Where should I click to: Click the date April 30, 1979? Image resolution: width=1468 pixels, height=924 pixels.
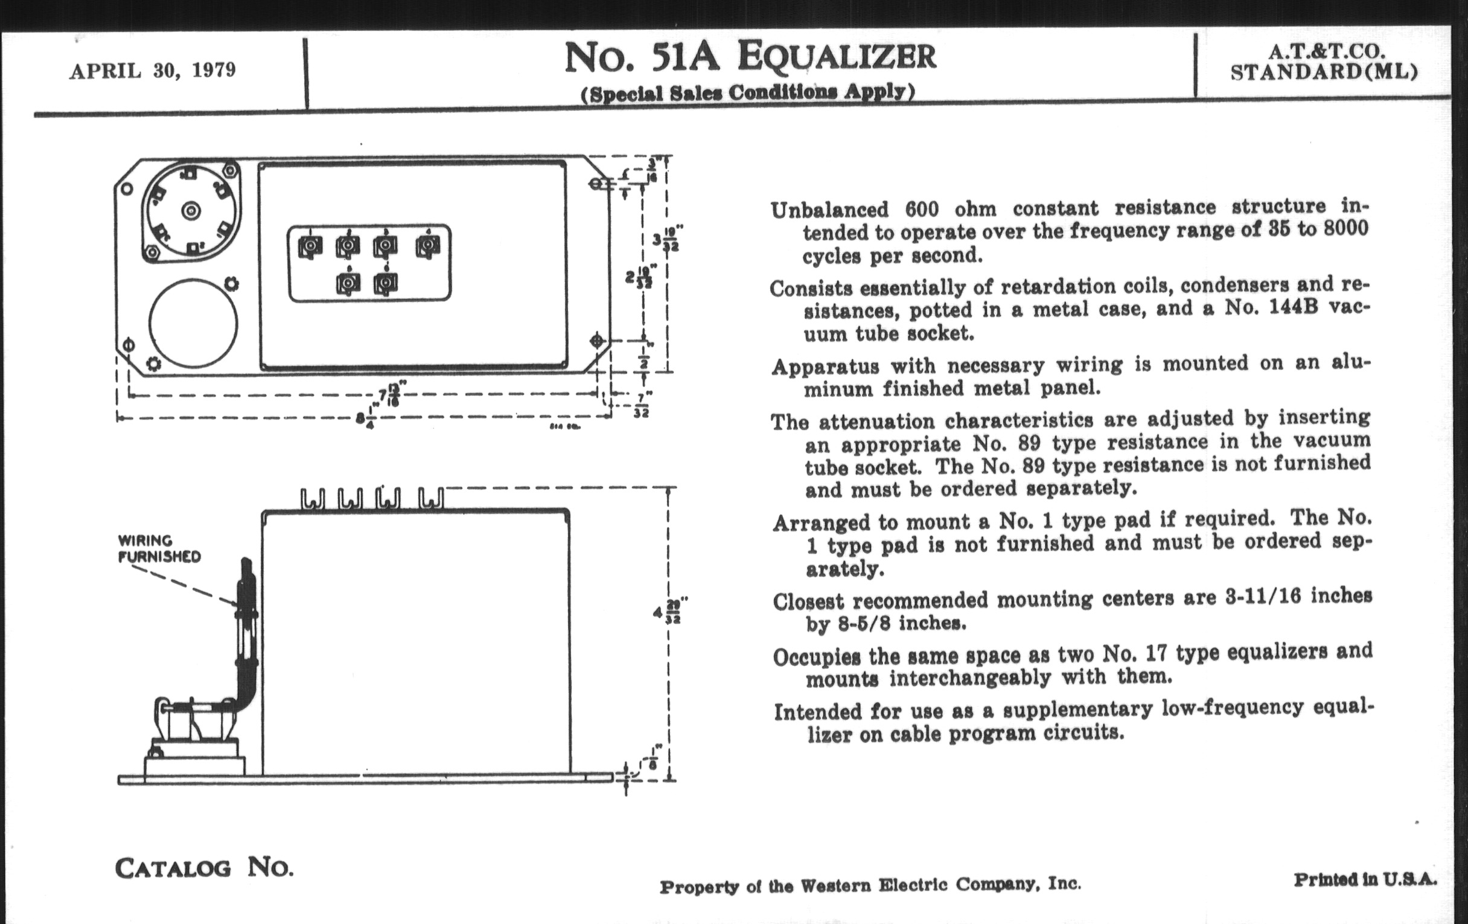pos(152,71)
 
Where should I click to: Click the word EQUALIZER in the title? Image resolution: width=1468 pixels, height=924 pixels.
pos(837,57)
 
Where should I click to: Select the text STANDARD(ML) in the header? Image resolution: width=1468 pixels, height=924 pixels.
pos(1324,72)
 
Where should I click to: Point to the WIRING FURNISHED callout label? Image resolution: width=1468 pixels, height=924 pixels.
pos(159,548)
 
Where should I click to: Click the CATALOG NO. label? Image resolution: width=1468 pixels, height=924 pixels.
pos(204,867)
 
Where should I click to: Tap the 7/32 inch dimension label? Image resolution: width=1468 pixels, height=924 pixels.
pos(641,405)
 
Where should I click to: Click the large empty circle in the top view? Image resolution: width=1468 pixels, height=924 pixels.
pos(193,323)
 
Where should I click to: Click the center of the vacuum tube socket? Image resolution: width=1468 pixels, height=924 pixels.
pos(191,211)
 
